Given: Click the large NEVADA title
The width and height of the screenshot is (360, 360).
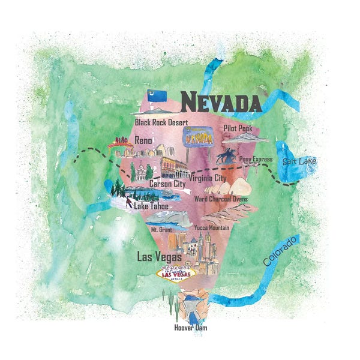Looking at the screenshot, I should coord(220,102).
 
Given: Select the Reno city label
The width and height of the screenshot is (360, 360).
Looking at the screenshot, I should coord(143,140).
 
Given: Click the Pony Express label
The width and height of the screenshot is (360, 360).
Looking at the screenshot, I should coord(256,159).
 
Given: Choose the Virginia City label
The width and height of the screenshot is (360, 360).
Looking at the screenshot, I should coord(207,178).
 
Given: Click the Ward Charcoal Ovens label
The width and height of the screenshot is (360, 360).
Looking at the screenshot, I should coord(220,199).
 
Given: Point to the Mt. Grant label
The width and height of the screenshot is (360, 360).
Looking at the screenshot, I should coord(162,229).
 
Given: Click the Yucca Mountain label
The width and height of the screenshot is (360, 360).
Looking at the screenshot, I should coord(211,228).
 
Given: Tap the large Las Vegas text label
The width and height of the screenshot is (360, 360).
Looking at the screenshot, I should coord(160,257).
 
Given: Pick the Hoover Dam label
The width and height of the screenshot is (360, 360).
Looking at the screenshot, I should coord(191,328).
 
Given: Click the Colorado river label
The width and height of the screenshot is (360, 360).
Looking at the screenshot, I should coord(280,251).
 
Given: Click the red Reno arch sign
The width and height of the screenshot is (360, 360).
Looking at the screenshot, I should coord(120,142).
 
